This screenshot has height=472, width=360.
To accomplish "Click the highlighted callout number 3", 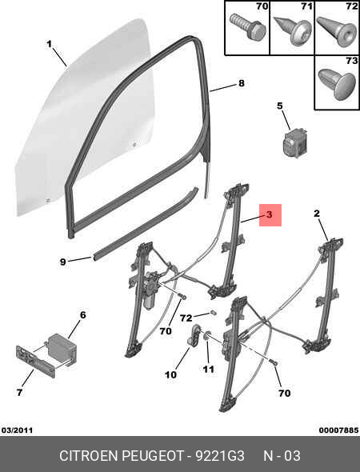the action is point(269,214).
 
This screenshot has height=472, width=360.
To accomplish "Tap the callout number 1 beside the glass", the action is point(49,44).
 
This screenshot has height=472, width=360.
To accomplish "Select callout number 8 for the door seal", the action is point(242,83).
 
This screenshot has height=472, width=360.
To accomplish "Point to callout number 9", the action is point(62,262).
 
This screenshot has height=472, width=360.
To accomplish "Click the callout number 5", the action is point(280,106).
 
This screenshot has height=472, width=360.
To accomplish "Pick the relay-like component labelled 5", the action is point(294,142).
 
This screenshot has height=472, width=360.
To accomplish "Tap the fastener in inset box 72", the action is point(337,31).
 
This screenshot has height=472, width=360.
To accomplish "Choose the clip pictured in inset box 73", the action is point(337,85).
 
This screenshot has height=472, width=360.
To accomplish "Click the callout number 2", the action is point(317,214).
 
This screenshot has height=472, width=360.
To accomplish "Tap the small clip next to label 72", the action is point(213,313).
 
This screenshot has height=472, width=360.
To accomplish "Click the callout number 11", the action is point(209,369).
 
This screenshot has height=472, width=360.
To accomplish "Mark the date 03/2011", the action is point(17,430).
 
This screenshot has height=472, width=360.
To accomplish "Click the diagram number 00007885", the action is point(338,430).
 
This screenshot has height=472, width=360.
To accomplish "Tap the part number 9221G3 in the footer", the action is point(220,456).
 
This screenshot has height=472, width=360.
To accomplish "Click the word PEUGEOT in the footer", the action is point(152,456).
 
